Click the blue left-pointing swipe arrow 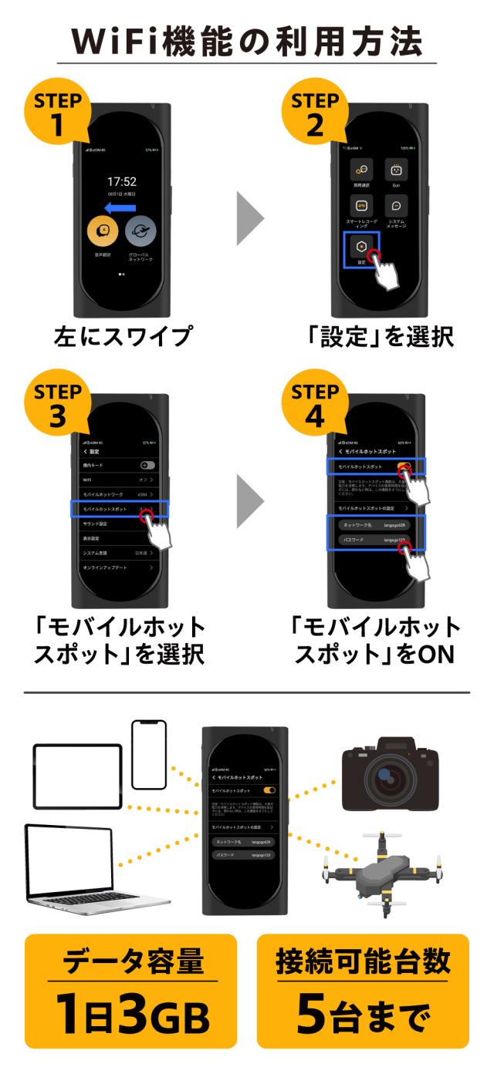click(x=120, y=207)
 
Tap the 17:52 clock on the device click(x=121, y=182)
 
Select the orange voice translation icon click(x=103, y=230)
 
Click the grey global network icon click(x=140, y=230)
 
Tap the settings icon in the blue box click(x=360, y=247)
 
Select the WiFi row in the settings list click(x=120, y=479)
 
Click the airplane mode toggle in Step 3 click(x=147, y=465)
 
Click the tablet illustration click(x=77, y=776)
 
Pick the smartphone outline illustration click(x=149, y=755)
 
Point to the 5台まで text click(x=362, y=1015)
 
